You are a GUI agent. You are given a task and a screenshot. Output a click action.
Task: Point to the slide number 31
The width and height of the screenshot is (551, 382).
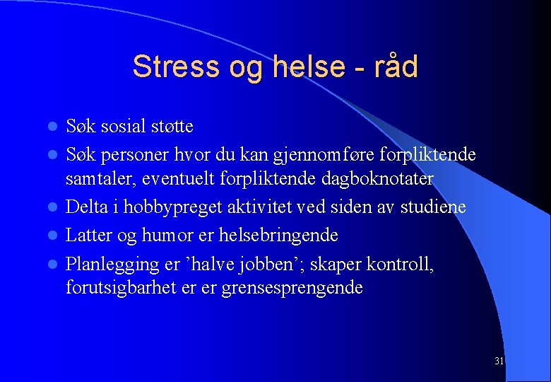pos(499,361)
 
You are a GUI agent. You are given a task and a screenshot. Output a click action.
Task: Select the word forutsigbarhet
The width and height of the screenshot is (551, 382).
pos(119,288)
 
